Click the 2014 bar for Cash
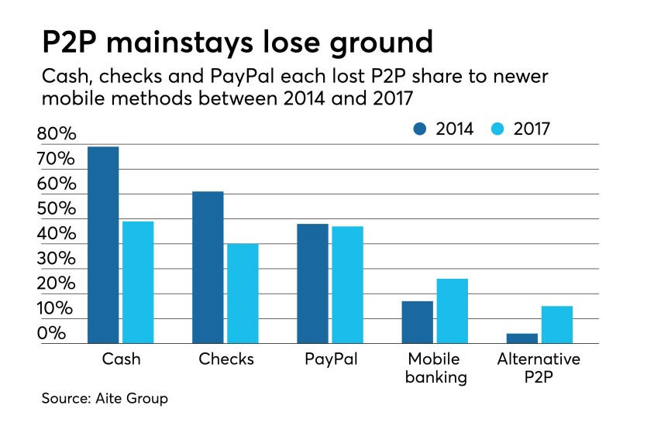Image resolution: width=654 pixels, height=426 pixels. (x=103, y=245)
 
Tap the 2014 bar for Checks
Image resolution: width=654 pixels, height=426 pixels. (x=208, y=267)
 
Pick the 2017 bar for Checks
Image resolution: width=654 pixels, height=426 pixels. (x=243, y=294)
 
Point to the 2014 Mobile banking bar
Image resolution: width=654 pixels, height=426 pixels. (x=417, y=322)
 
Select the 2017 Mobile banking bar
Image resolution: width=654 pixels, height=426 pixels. (x=452, y=311)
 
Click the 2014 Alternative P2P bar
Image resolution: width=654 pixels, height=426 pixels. (x=521, y=338)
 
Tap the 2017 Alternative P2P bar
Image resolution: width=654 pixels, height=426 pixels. (x=556, y=325)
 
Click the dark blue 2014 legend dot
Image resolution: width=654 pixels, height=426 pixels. (x=420, y=129)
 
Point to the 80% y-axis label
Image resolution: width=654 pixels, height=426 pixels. (x=56, y=135)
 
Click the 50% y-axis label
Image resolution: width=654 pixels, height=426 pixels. (x=56, y=209)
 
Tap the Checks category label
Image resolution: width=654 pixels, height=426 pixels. (x=225, y=359)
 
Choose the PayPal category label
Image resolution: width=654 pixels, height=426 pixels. (x=330, y=359)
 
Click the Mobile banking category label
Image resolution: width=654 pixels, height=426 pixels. (x=434, y=369)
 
